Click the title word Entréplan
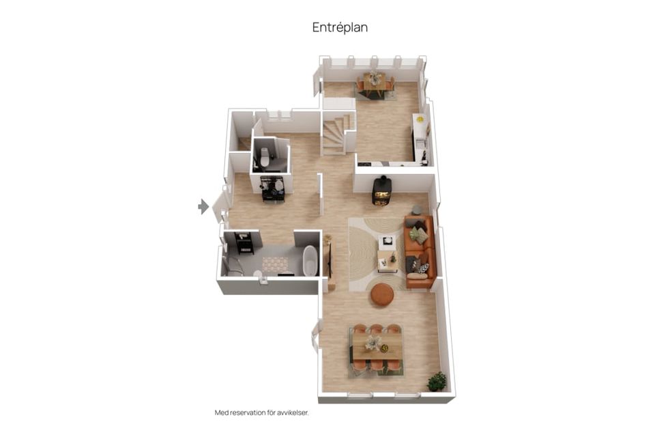[x=340, y=27]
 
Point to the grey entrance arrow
[x=203, y=207]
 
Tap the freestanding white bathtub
[x=310, y=261]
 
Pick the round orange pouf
[x=382, y=294]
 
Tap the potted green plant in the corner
[x=437, y=381]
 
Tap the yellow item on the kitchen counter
[x=420, y=119]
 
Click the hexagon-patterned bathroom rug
[x=275, y=264]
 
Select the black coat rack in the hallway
[x=273, y=188]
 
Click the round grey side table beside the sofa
[x=417, y=210]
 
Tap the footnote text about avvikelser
[x=262, y=412]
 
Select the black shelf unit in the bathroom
[x=245, y=243]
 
